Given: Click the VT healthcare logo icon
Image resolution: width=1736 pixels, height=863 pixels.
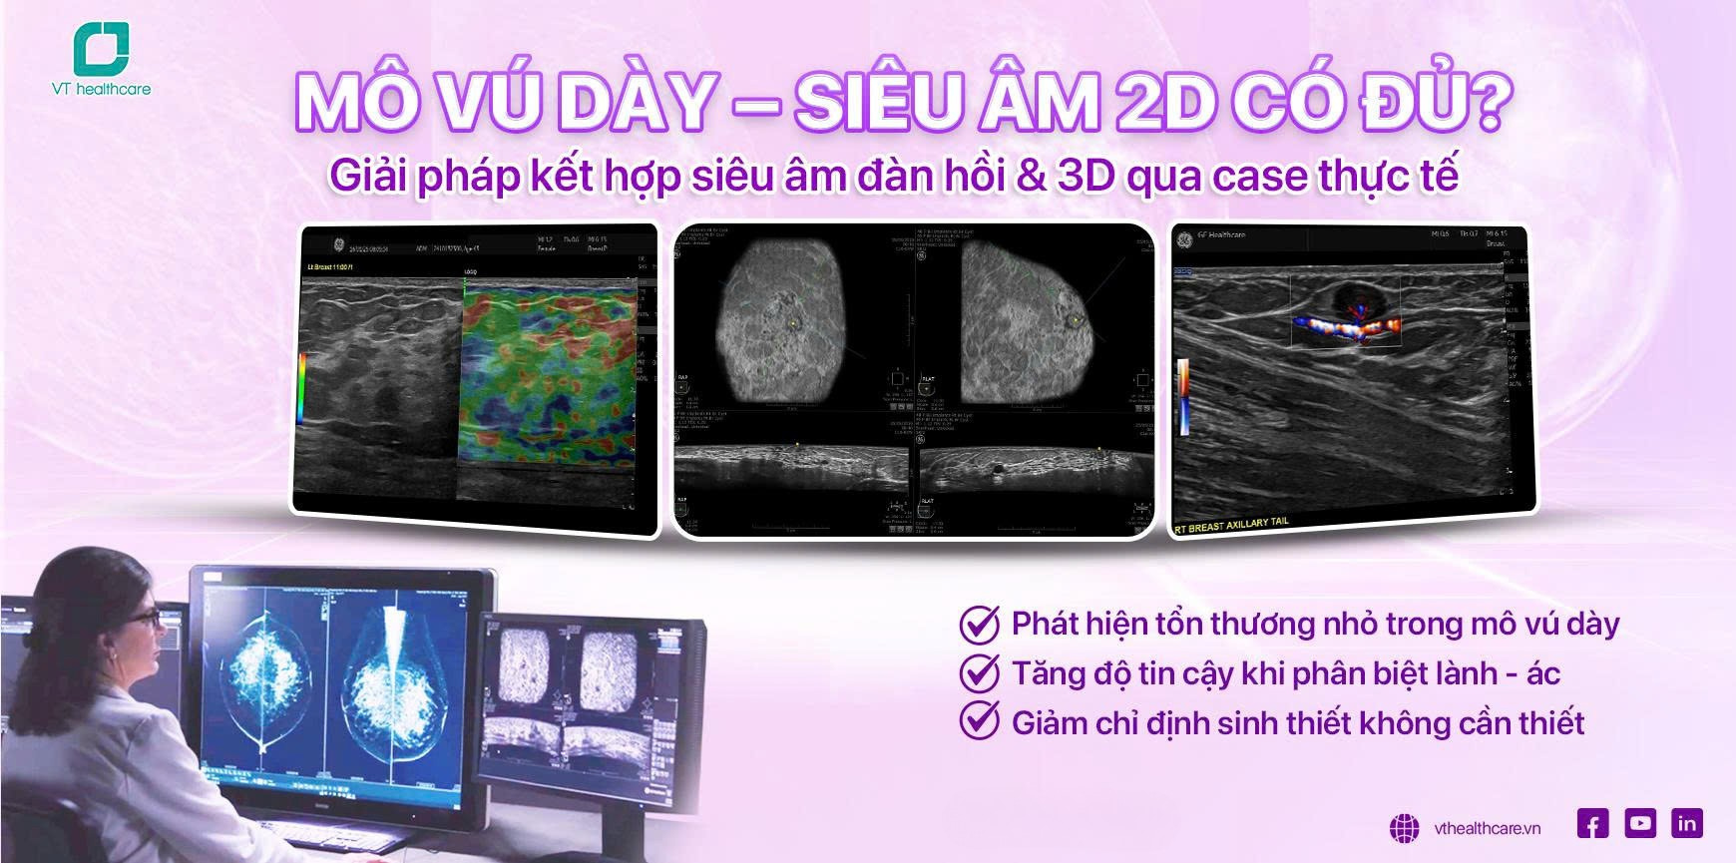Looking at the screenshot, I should [101, 48].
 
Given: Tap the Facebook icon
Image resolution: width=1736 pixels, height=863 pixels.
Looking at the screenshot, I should [1593, 824].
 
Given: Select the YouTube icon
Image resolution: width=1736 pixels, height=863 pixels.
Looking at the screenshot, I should [1640, 823].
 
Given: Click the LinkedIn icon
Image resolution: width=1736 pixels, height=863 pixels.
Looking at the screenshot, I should [1687, 823].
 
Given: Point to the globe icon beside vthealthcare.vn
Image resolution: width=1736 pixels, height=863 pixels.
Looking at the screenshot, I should [1405, 828].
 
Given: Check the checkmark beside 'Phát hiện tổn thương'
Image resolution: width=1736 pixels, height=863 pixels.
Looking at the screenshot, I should [979, 625].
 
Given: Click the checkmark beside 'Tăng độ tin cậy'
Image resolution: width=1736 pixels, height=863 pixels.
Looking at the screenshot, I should [979, 673].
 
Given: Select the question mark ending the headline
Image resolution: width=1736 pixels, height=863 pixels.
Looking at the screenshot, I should [1486, 103].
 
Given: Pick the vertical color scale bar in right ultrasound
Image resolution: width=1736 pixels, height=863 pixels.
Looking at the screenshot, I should [1183, 395].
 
